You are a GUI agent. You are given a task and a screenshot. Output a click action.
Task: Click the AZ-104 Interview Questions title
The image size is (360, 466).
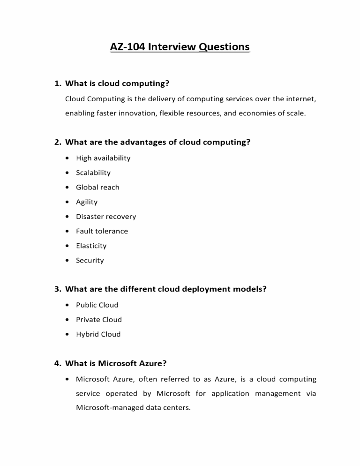pos(180,47)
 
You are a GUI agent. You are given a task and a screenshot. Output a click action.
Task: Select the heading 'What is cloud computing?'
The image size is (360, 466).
pos(117,84)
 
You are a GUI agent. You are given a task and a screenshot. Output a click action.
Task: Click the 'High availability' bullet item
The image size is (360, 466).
pos(103,158)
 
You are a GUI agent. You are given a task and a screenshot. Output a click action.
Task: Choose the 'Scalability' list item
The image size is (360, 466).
pos(93,173)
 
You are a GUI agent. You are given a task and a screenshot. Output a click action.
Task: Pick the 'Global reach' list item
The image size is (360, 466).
pos(97,187)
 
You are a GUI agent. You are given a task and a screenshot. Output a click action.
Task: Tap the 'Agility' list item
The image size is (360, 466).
pos(87,202)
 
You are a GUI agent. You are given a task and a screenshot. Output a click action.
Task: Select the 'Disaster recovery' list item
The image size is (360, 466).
pos(106,217)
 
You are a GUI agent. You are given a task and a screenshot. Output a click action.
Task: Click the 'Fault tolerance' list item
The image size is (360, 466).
pos(102,231)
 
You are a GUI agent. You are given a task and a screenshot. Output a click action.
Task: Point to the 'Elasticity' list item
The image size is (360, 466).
pos(91,246)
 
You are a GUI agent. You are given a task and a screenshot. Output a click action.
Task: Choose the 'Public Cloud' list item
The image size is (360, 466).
pos(97,305)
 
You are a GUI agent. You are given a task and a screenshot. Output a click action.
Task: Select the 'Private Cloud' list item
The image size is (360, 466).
pos(98,320)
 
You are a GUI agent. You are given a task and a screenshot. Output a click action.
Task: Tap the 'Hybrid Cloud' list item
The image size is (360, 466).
pos(98,334)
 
